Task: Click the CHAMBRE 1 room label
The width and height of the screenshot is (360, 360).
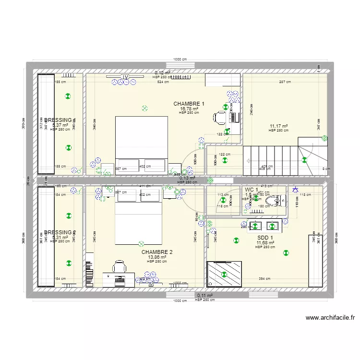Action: [189, 104]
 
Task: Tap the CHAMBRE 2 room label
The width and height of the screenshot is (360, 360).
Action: [157, 252]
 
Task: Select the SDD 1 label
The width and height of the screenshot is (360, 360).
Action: [265, 238]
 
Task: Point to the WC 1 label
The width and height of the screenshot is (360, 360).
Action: [251, 190]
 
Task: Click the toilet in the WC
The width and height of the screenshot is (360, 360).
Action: [272, 200]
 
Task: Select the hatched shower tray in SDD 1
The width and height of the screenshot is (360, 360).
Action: [224, 275]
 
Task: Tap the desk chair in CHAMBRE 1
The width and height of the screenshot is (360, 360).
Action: [220, 116]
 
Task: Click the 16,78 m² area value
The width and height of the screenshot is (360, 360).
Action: [189, 109]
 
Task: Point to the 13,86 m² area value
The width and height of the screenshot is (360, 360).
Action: [157, 257]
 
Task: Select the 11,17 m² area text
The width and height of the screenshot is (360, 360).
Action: [278, 126]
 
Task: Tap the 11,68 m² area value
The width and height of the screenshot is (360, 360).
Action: [265, 243]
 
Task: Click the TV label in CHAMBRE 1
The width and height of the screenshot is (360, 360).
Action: [125, 77]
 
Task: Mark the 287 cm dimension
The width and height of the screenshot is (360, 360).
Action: [285, 82]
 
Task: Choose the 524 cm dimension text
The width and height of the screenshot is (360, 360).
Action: [163, 82]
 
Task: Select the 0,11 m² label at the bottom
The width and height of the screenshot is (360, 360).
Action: [204, 296]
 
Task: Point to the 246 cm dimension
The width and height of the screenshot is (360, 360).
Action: [251, 111]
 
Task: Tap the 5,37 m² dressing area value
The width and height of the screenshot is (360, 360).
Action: [60, 125]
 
